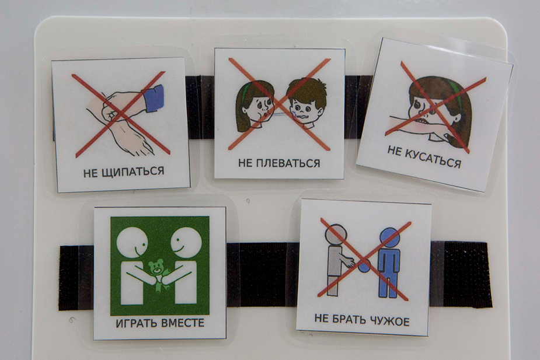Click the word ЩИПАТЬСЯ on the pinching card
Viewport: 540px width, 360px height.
(133, 171)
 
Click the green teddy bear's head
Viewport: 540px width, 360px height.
(156, 267)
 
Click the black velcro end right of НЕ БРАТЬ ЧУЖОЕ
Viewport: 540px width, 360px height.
(460, 274)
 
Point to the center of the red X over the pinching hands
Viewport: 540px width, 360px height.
(120, 114)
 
